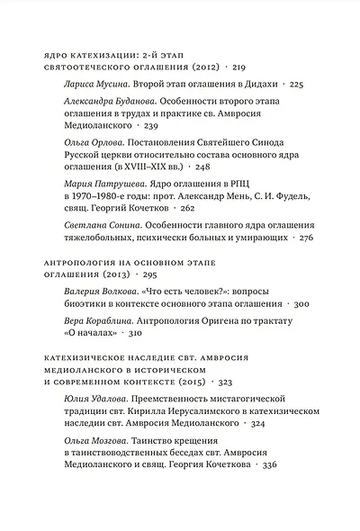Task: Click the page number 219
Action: coord(238,67)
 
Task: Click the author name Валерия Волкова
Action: coord(101,292)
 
